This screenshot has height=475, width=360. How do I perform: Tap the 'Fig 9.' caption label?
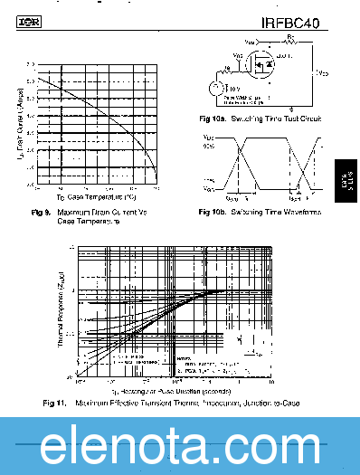[40, 212]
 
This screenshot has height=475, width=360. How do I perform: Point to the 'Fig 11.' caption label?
[54, 402]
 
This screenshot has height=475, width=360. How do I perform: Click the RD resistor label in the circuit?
[289, 39]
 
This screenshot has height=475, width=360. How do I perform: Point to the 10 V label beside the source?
[233, 89]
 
